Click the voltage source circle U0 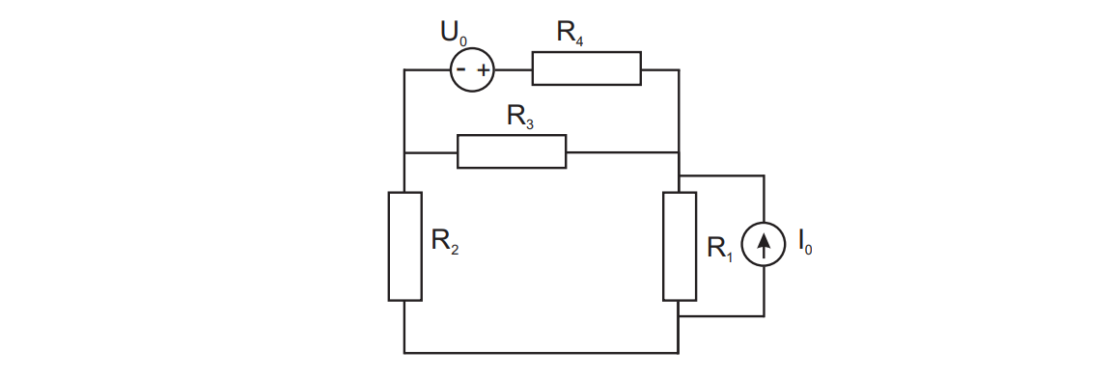[x=473, y=69]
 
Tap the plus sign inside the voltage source [x=484, y=69]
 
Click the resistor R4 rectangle [x=586, y=69]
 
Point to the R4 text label [x=570, y=32]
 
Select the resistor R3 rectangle [x=511, y=151]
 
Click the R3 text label [x=520, y=117]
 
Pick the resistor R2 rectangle [x=404, y=247]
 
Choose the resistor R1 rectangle [x=679, y=247]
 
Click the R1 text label [x=720, y=248]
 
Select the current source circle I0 [x=764, y=246]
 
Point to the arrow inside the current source [x=764, y=246]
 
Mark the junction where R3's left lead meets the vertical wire [x=404, y=151]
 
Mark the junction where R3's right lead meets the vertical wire [x=679, y=151]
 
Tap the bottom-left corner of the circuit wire [x=404, y=353]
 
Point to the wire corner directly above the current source [x=764, y=175]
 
